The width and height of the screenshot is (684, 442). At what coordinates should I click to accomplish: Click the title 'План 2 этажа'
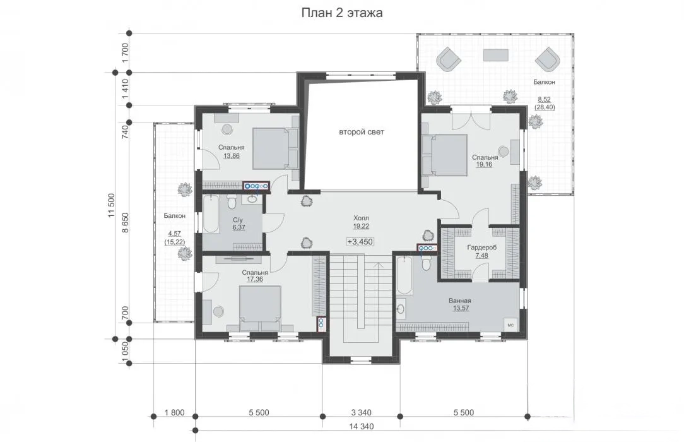[x=342, y=13]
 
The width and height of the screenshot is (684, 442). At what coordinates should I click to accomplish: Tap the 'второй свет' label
[x=362, y=132]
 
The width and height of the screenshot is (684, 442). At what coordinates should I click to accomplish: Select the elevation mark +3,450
[x=360, y=242]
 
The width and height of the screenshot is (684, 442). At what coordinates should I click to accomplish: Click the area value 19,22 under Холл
[x=361, y=226]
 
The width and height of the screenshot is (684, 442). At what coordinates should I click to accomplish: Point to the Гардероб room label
[x=481, y=248]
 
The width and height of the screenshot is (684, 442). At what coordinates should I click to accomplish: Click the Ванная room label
[x=460, y=301]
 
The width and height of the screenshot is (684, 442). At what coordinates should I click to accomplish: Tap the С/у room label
[x=238, y=220]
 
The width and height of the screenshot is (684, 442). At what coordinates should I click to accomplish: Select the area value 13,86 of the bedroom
[x=231, y=156]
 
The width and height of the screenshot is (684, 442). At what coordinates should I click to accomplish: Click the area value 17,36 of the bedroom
[x=255, y=279]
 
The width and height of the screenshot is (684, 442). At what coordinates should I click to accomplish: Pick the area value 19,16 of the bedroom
[x=484, y=165]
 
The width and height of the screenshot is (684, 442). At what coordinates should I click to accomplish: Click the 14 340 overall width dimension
[x=360, y=426]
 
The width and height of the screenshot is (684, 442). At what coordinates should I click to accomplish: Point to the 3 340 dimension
[x=361, y=412]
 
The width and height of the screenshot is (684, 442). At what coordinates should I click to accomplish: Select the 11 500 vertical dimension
[x=112, y=205]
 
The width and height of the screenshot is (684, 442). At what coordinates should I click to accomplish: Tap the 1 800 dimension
[x=175, y=412]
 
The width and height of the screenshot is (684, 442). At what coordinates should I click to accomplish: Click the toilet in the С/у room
[x=232, y=201]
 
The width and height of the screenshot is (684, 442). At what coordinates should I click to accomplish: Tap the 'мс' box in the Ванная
[x=511, y=325]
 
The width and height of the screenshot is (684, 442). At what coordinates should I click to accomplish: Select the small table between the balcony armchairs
[x=495, y=56]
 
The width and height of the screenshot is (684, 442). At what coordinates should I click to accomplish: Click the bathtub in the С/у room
[x=211, y=214]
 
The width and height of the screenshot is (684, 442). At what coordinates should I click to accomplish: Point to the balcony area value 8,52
[x=545, y=100]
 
